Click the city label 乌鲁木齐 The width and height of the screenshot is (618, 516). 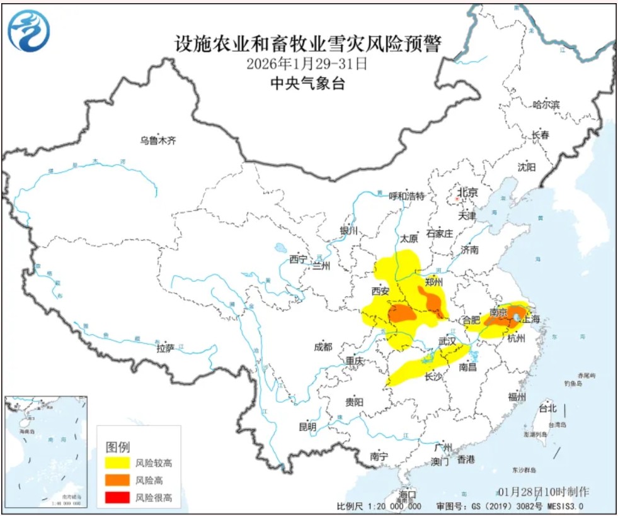pyautogui.click(x=157, y=141)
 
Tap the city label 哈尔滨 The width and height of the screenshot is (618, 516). pyautogui.click(x=546, y=104)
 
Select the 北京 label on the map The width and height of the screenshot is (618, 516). pyautogui.click(x=467, y=193)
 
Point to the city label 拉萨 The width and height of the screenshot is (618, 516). pyautogui.click(x=165, y=347)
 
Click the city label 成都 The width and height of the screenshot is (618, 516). pyautogui.click(x=323, y=347)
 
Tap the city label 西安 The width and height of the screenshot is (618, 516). pyautogui.click(x=381, y=291)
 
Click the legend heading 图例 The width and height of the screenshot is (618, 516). pyautogui.click(x=117, y=447)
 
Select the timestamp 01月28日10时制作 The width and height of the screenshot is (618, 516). pyautogui.click(x=544, y=491)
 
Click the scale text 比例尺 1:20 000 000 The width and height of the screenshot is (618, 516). pyautogui.click(x=379, y=506)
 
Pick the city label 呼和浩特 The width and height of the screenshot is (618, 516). pyautogui.click(x=406, y=196)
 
